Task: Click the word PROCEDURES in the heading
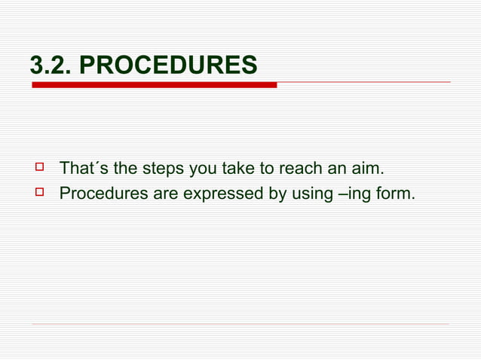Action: pyautogui.click(x=167, y=66)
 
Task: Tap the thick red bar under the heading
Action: pyautogui.click(x=154, y=85)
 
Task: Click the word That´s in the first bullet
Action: pyautogui.click(x=82, y=167)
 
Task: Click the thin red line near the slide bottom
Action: pyautogui.click(x=240, y=325)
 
